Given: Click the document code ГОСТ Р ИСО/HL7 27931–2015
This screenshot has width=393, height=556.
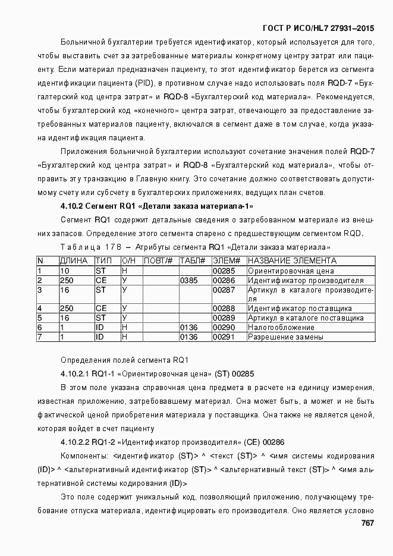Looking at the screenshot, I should pos(318,28).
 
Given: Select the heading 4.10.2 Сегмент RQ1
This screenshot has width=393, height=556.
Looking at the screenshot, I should pos(157,206).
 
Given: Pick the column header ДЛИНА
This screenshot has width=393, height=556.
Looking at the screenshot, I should pos(74,260).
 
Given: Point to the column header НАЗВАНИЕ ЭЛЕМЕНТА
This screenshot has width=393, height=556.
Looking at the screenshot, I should pos(292,260).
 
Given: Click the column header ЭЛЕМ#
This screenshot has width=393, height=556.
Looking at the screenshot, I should pos(226,260).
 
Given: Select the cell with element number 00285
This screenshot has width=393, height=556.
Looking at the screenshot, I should pos(225,271).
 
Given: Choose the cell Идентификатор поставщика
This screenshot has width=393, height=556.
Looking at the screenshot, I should pos(300,308).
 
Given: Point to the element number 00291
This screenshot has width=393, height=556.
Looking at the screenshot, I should pos(225,337).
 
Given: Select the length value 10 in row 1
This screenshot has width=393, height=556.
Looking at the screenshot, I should pos(64,271).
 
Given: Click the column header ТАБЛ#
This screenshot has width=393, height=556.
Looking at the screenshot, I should pos(192,260).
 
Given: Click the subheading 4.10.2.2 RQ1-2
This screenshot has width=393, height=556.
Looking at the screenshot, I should pos(172,442).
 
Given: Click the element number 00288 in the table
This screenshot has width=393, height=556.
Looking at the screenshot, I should pos(225,308).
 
